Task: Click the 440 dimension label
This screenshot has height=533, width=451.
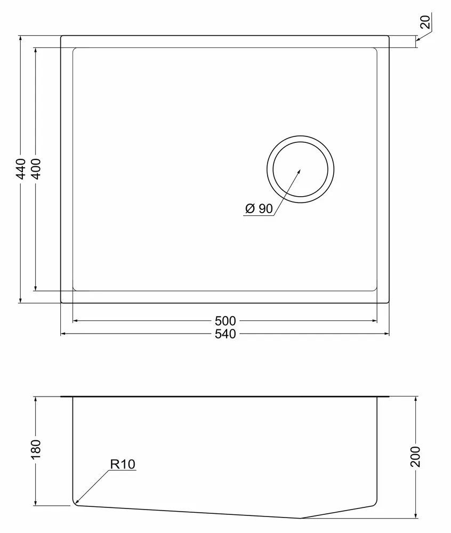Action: pyautogui.click(x=21, y=169)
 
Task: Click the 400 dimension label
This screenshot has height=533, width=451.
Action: pyautogui.click(x=35, y=169)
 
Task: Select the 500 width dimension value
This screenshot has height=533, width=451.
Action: pyautogui.click(x=226, y=320)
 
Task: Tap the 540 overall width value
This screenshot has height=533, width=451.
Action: pyautogui.click(x=226, y=334)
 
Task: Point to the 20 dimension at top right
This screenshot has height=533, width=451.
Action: pyautogui.click(x=425, y=22)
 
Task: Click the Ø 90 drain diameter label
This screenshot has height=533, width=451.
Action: pyautogui.click(x=259, y=208)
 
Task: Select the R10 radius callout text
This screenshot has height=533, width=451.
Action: pyautogui.click(x=123, y=464)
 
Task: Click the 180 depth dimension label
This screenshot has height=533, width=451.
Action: pyautogui.click(x=35, y=449)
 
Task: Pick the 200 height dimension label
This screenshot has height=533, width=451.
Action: pyautogui.click(x=416, y=457)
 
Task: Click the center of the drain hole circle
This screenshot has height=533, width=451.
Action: pyautogui.click(x=301, y=169)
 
